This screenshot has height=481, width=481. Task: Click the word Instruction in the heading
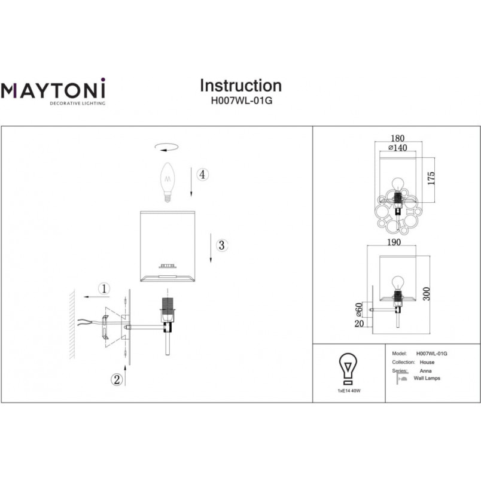[241, 86]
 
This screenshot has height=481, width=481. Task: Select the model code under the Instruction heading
[242, 101]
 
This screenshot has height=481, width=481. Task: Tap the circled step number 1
[104, 289]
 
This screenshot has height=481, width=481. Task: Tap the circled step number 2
[117, 379]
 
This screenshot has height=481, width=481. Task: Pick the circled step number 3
[221, 245]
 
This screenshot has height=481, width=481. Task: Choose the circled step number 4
[202, 174]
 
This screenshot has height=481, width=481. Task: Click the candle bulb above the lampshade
[168, 182]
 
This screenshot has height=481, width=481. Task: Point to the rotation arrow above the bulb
[166, 147]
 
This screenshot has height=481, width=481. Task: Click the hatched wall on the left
[72, 324]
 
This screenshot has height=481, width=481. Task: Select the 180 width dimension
[398, 138]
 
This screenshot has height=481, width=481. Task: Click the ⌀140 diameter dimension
[398, 148]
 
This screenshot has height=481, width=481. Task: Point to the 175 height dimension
[431, 178]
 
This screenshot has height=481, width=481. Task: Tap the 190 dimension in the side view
[394, 242]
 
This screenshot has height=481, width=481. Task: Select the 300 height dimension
[427, 294]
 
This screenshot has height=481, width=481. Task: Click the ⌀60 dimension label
[358, 310]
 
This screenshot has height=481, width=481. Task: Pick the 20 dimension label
[359, 323]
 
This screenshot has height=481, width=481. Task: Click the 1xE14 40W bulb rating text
[349, 391]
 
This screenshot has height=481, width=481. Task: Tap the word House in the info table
[427, 363]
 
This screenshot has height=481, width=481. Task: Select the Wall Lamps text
[427, 378]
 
